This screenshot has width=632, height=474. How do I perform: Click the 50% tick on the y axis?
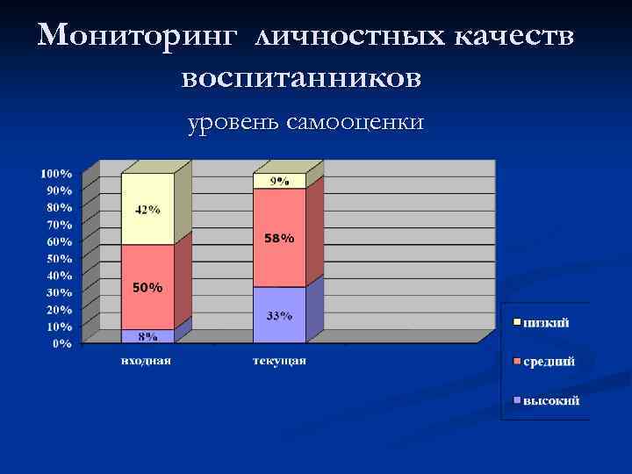click(x=59, y=258)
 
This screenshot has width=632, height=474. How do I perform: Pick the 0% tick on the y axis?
click(x=62, y=343)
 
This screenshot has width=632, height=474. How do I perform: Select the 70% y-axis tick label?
click(x=59, y=225)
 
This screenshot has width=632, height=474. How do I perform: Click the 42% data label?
click(x=147, y=210)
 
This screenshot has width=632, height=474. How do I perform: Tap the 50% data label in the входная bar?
click(x=147, y=288)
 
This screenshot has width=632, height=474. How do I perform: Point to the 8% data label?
click(x=147, y=336)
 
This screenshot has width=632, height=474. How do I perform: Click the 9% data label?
click(x=279, y=181)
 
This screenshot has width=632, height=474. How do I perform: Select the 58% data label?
click(x=279, y=239)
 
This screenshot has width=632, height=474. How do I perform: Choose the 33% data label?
click(x=279, y=316)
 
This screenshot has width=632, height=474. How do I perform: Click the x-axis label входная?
click(x=147, y=361)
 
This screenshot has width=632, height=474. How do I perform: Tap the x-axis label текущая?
click(x=279, y=361)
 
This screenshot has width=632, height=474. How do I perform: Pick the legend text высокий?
click(x=551, y=401)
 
